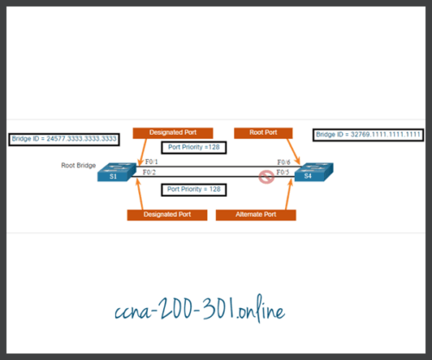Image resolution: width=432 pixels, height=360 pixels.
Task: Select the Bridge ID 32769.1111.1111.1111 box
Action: tap(368, 135)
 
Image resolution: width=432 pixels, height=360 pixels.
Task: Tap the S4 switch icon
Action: tap(308, 173)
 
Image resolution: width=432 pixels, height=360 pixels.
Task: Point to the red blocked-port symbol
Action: tap(268, 177)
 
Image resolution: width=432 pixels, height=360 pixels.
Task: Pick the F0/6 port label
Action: tap(283, 162)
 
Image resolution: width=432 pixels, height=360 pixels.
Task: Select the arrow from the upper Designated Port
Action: tap(140, 151)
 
